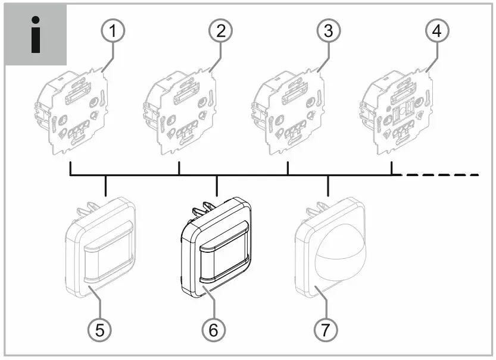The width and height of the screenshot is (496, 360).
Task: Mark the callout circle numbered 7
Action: pos(323,328)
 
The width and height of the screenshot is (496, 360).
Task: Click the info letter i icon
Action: pos(35,35)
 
